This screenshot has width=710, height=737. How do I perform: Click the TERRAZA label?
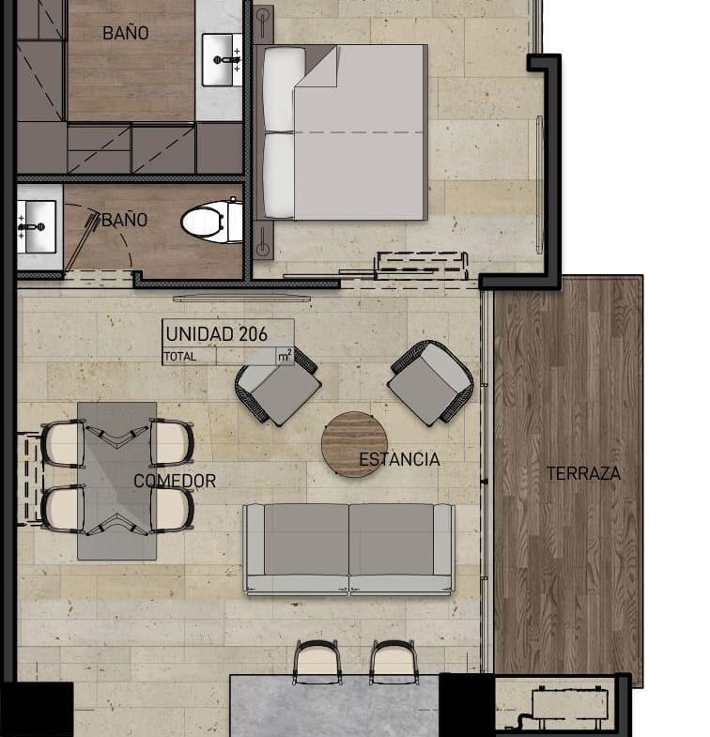click(583, 473)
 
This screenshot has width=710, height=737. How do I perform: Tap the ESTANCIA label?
click(400, 459)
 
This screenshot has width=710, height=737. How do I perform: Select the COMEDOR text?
click(175, 481)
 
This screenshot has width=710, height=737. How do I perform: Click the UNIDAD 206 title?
click(216, 333)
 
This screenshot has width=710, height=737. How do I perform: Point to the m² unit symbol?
click(285, 356)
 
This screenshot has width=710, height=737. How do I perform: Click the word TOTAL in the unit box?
click(179, 357)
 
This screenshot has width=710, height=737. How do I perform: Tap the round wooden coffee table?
click(354, 445)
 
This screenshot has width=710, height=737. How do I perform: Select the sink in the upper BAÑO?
click(222, 60)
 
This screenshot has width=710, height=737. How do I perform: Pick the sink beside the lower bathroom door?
click(37, 227)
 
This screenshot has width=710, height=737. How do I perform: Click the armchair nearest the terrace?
click(430, 382)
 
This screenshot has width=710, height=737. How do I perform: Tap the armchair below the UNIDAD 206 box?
click(277, 386)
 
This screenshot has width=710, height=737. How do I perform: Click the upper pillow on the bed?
click(279, 90)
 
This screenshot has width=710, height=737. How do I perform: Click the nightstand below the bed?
click(263, 240)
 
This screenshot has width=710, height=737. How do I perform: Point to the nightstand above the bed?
click(263, 25)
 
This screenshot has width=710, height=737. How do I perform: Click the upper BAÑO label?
click(126, 33)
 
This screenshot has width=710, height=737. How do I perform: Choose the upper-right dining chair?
click(171, 442)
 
